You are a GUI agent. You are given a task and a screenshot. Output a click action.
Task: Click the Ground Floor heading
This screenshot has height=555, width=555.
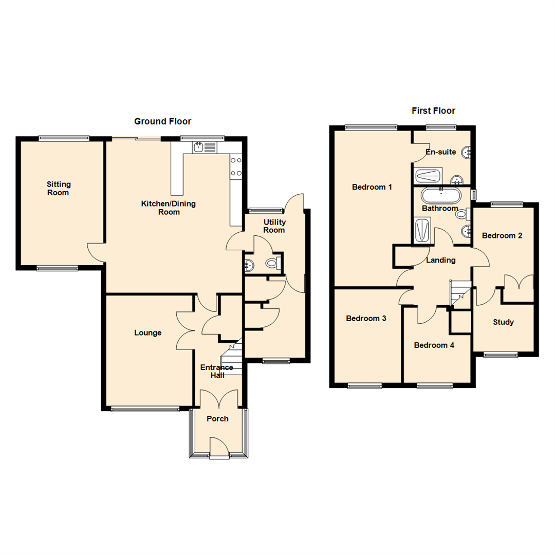[162, 122]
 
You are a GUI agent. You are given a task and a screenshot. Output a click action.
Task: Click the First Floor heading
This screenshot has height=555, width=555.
[433, 111]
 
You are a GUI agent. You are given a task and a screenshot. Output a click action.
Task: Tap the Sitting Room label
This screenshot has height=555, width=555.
[58, 189]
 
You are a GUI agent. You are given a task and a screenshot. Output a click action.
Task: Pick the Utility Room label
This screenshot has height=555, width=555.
[274, 226]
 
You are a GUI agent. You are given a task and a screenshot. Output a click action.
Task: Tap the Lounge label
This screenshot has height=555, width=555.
[149, 333]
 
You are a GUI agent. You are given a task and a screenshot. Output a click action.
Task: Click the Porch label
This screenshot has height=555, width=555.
[217, 419]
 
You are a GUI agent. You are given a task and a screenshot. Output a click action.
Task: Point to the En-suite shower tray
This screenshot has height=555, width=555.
[428, 176]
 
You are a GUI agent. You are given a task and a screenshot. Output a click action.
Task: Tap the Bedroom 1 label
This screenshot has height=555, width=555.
[372, 187]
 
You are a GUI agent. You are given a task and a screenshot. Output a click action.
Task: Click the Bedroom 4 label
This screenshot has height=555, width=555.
[434, 345]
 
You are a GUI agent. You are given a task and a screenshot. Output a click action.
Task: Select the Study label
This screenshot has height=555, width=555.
[503, 323]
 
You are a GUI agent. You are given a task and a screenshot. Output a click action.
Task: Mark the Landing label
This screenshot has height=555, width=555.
[441, 261]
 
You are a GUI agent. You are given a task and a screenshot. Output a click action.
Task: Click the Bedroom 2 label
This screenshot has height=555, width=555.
[502, 236]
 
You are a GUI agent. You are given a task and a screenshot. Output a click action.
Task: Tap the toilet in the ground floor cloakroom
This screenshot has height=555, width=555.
[272, 264]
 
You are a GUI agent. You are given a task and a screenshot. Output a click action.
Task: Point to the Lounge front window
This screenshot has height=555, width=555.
[145, 409]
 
